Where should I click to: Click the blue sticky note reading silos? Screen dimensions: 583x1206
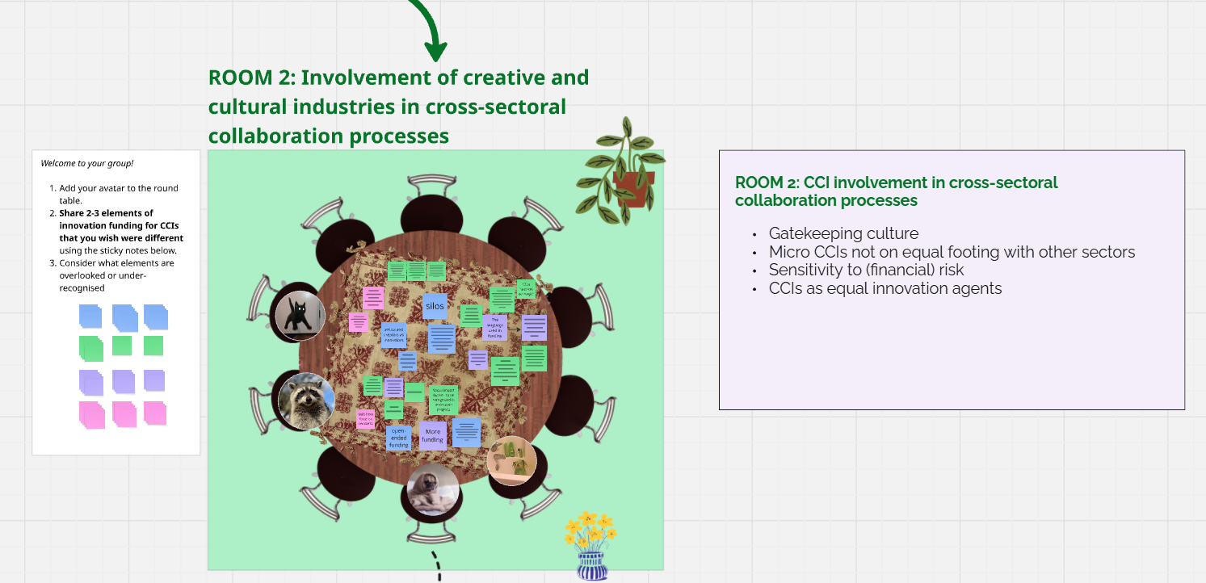click(435, 306)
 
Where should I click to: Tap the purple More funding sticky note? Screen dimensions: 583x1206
click(433, 436)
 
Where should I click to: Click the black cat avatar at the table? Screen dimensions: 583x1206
click(300, 316)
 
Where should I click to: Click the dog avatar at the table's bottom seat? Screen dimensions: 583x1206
click(433, 489)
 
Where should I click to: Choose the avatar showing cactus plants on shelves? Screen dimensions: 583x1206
click(512, 461)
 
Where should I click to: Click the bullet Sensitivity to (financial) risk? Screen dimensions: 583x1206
click(866, 271)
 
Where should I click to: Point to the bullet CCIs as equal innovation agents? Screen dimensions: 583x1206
click(885, 288)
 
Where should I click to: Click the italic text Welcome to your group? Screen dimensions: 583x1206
click(87, 163)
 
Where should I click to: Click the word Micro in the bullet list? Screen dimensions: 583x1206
click(788, 252)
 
